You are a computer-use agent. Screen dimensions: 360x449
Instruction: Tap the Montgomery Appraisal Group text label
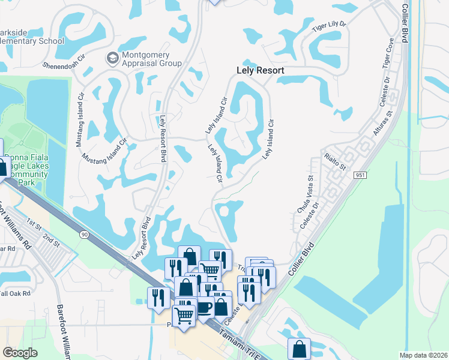(x=151, y=59)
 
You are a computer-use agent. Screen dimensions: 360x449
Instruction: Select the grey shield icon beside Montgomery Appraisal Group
(x=112, y=59)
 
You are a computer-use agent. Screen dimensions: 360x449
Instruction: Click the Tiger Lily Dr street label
(x=330, y=25)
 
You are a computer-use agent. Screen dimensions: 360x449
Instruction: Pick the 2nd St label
(x=51, y=238)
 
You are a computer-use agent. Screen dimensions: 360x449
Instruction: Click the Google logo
(x=20, y=352)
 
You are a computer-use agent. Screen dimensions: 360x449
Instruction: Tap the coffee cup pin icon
(x=205, y=307)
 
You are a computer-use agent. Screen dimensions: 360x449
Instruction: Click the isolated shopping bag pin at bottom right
(x=299, y=349)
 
